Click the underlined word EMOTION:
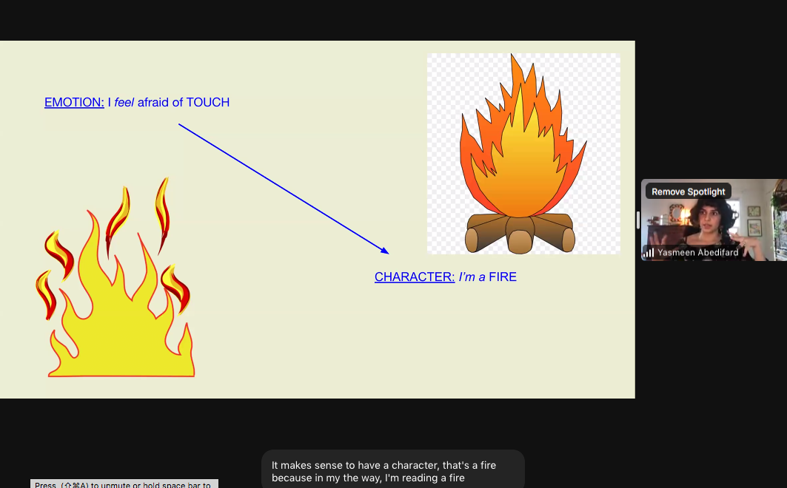point(74,102)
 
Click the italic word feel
point(124,102)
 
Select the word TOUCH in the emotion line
point(207,102)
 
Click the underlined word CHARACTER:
point(415,277)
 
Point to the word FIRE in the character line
point(503,277)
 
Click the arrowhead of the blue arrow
point(385,251)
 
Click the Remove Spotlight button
point(689,192)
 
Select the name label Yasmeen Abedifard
point(697,252)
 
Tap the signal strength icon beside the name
point(649,253)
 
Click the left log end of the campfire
point(472,240)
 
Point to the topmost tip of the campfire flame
point(512,56)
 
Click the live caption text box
point(392,471)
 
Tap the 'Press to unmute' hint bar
point(124,484)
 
